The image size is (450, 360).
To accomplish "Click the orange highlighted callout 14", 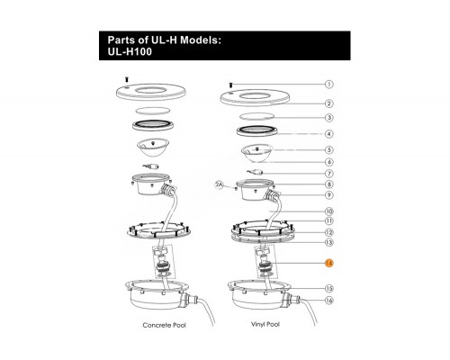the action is pyautogui.click(x=329, y=263).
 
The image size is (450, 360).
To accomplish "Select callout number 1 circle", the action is pyautogui.click(x=329, y=85).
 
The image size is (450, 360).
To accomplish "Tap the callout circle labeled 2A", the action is pyautogui.click(x=220, y=185).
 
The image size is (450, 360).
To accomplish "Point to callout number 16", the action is pyautogui.click(x=329, y=301).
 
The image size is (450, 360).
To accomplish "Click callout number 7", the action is pyautogui.click(x=329, y=174).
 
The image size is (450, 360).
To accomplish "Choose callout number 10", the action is pyautogui.click(x=329, y=211).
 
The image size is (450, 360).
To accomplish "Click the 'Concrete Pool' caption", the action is pyautogui.click(x=165, y=325).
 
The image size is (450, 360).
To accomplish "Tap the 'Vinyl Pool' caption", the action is pyautogui.click(x=265, y=324).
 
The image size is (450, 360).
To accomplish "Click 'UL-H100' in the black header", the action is pyautogui.click(x=130, y=52).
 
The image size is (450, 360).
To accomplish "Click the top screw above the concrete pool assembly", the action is pyautogui.click(x=126, y=79).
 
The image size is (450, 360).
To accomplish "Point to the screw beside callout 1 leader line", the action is pyautogui.click(x=230, y=85).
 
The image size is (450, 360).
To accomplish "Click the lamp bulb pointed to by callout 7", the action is pyautogui.click(x=256, y=172).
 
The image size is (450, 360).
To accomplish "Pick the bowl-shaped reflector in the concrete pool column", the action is pyautogui.click(x=152, y=147).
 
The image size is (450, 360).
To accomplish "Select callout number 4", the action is pyautogui.click(x=329, y=134).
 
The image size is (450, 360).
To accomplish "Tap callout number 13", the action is pyautogui.click(x=329, y=242).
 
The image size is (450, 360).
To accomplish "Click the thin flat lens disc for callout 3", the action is pyautogui.click(x=257, y=116).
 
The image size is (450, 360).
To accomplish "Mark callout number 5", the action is pyautogui.click(x=329, y=149).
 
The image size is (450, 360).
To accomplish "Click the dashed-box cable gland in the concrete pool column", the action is pyautogui.click(x=164, y=262).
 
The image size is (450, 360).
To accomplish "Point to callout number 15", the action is pyautogui.click(x=329, y=289).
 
